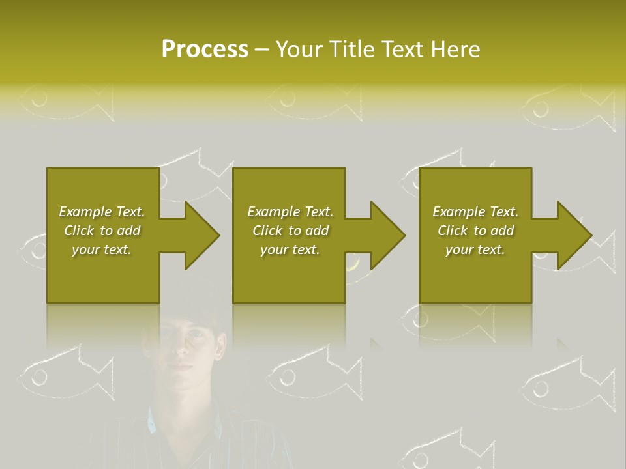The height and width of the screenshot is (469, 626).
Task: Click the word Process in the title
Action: (205, 50)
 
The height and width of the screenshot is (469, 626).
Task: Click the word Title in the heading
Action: (350, 50)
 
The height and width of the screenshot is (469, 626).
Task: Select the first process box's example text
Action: (102, 231)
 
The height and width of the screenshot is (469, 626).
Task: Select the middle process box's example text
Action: (290, 231)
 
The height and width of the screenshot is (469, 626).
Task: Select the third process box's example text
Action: (475, 231)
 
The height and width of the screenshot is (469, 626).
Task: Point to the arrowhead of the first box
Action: (201, 235)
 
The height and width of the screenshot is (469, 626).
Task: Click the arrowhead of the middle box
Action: (387, 235)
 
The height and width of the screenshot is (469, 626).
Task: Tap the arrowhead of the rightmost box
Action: (574, 235)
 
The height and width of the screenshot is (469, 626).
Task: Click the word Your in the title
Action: (297, 50)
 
